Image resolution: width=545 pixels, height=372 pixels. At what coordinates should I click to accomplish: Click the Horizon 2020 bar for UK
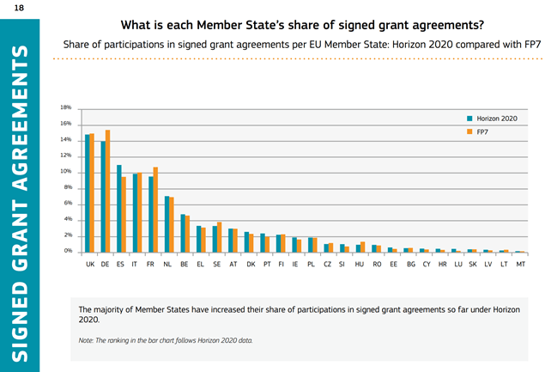click(88, 192)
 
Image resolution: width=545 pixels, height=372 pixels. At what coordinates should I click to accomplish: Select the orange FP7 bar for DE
click(108, 191)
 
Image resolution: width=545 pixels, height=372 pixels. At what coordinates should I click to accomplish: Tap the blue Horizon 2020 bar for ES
click(119, 208)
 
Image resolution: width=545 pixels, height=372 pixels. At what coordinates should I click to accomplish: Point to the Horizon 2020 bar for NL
click(167, 223)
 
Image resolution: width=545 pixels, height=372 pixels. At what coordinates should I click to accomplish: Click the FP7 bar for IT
click(140, 212)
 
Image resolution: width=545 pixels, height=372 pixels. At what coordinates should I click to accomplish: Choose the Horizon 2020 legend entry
click(494, 118)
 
